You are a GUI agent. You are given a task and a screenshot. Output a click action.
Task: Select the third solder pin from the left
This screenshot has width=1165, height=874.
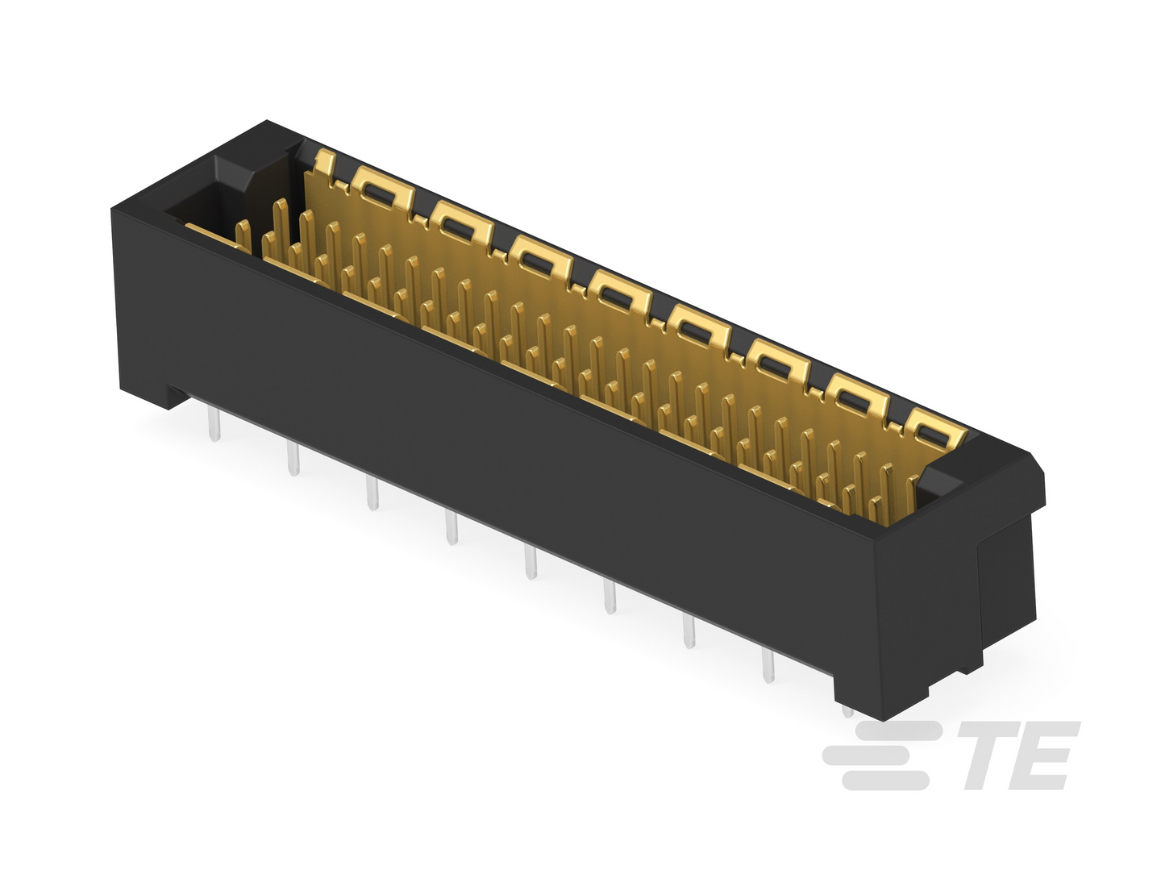coord(372,493)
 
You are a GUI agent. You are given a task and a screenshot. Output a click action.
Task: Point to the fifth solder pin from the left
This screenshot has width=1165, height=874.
coord(530,562)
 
